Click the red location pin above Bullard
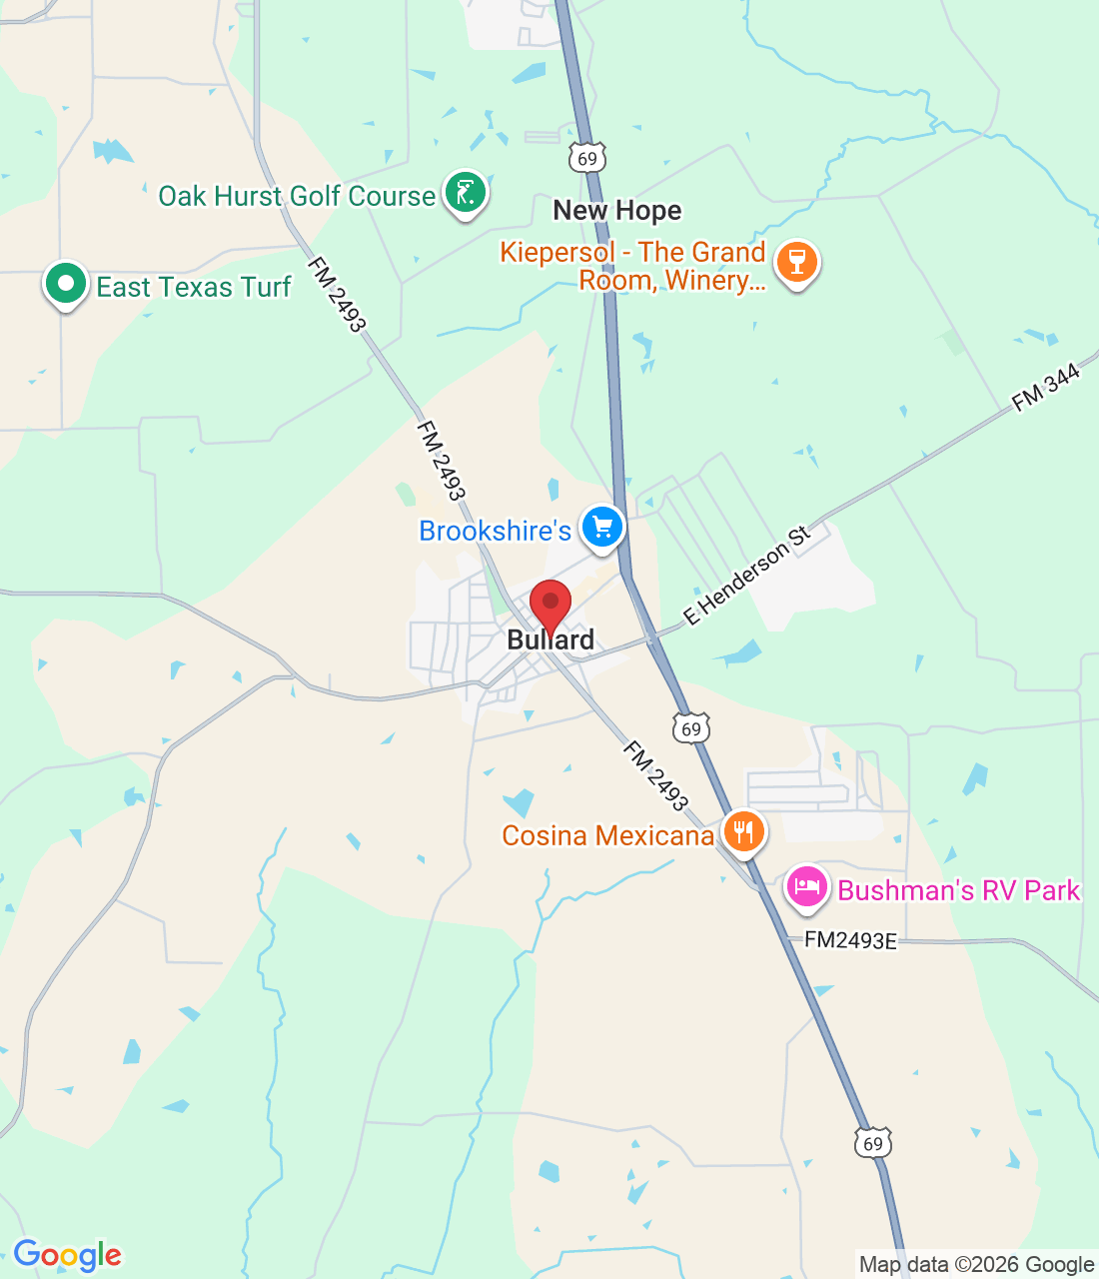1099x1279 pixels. coord(549,604)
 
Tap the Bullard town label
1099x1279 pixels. coord(550,640)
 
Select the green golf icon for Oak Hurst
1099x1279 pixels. coord(465,191)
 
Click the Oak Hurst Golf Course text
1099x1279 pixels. coord(297,196)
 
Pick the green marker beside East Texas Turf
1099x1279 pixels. coord(66,284)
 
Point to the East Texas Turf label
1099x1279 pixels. coord(193,288)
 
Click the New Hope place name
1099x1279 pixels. coord(617,211)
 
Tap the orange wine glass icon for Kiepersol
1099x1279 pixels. coord(796,262)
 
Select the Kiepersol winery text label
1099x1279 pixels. coord(633,266)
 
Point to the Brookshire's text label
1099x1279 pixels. coord(495,531)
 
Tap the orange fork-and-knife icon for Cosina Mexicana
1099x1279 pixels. coord(742,830)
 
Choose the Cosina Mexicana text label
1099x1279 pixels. coord(607,835)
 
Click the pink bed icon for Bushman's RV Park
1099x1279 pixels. coord(807,885)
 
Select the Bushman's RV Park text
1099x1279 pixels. coord(958,890)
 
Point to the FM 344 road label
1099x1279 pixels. coord(1046,388)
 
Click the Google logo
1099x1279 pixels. coord(67,1255)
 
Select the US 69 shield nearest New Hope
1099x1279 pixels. coord(587,158)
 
